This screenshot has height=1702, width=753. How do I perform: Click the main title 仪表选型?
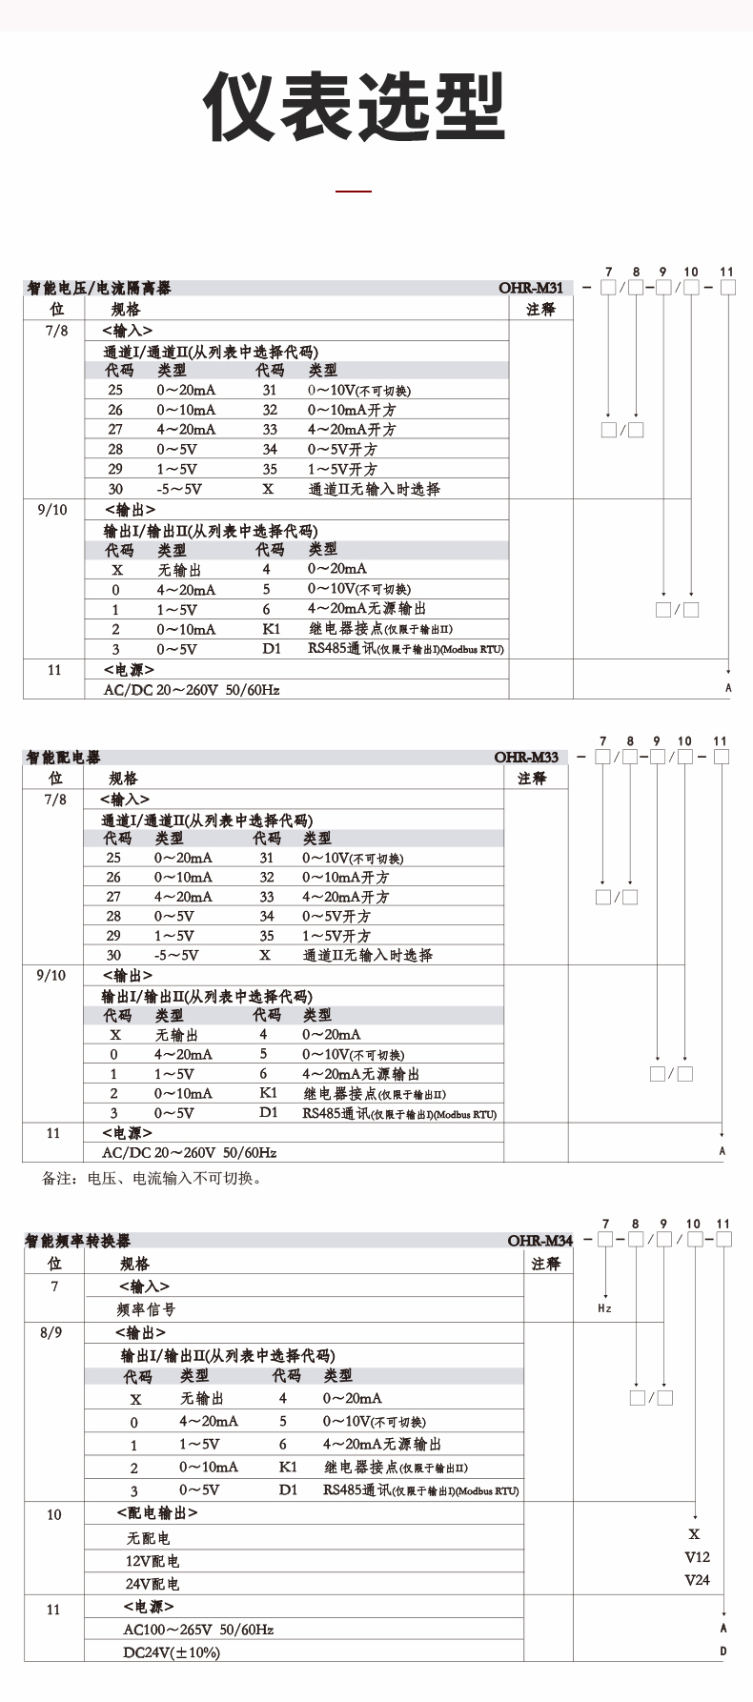point(354,107)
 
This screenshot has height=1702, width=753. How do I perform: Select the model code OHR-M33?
point(526,757)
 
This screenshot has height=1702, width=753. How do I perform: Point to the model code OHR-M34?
point(540,1240)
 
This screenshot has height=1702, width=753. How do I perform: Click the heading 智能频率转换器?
point(78,1241)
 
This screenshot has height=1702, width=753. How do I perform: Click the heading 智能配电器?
point(63,758)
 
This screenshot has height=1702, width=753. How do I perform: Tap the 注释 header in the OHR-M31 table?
point(540,309)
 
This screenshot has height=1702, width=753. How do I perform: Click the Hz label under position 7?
point(604,1309)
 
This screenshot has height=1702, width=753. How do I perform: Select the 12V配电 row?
point(153,1561)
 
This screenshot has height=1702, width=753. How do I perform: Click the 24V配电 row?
point(153,1584)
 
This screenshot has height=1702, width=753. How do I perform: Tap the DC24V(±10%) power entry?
point(172,1652)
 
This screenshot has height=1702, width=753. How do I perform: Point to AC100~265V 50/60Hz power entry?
point(198,1630)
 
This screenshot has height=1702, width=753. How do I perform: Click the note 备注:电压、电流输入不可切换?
point(152,1179)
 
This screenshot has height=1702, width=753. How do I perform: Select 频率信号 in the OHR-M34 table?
point(146,1309)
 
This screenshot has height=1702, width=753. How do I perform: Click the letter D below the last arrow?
point(723,1651)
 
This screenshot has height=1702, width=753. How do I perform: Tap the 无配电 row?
point(149,1538)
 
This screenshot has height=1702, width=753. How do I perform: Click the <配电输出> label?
point(157,1512)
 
